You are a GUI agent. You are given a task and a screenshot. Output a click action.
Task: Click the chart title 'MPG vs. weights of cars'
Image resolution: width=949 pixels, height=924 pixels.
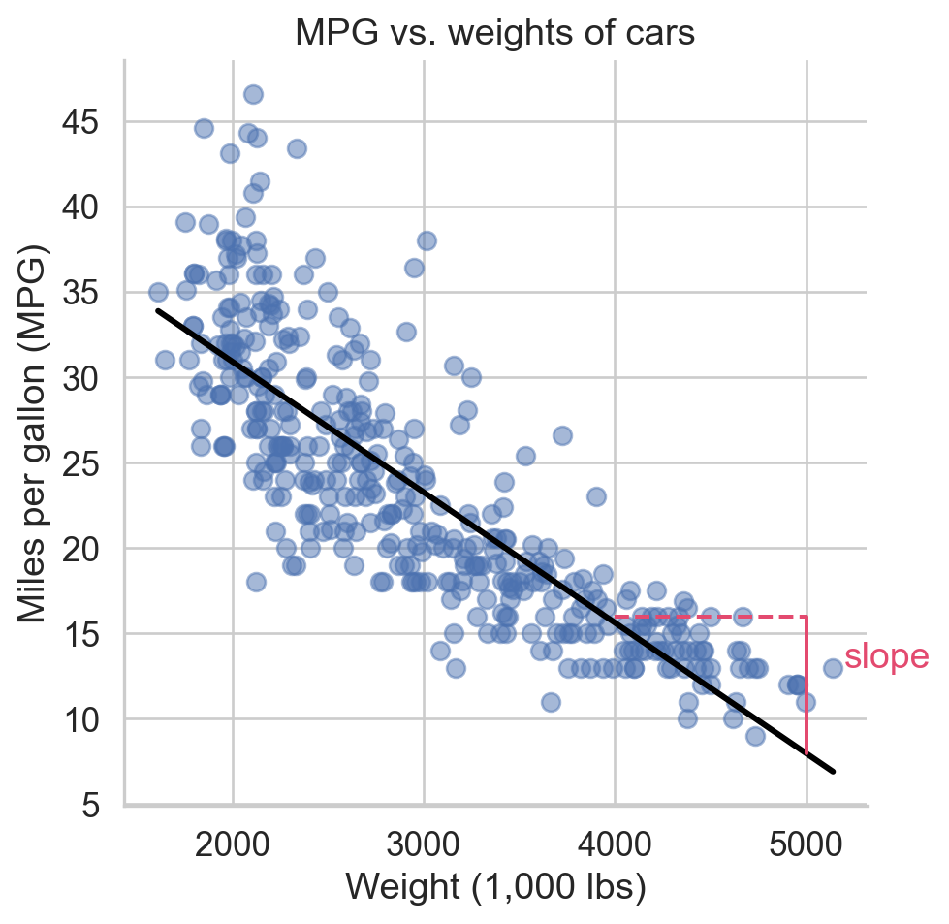click(495, 34)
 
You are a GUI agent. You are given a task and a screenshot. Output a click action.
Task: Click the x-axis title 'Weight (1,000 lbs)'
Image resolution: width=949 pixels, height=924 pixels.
click(495, 888)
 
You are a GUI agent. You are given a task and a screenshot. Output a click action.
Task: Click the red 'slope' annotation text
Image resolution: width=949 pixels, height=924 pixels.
click(886, 657)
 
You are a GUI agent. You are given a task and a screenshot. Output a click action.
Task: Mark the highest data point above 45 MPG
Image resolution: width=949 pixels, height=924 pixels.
click(253, 94)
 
